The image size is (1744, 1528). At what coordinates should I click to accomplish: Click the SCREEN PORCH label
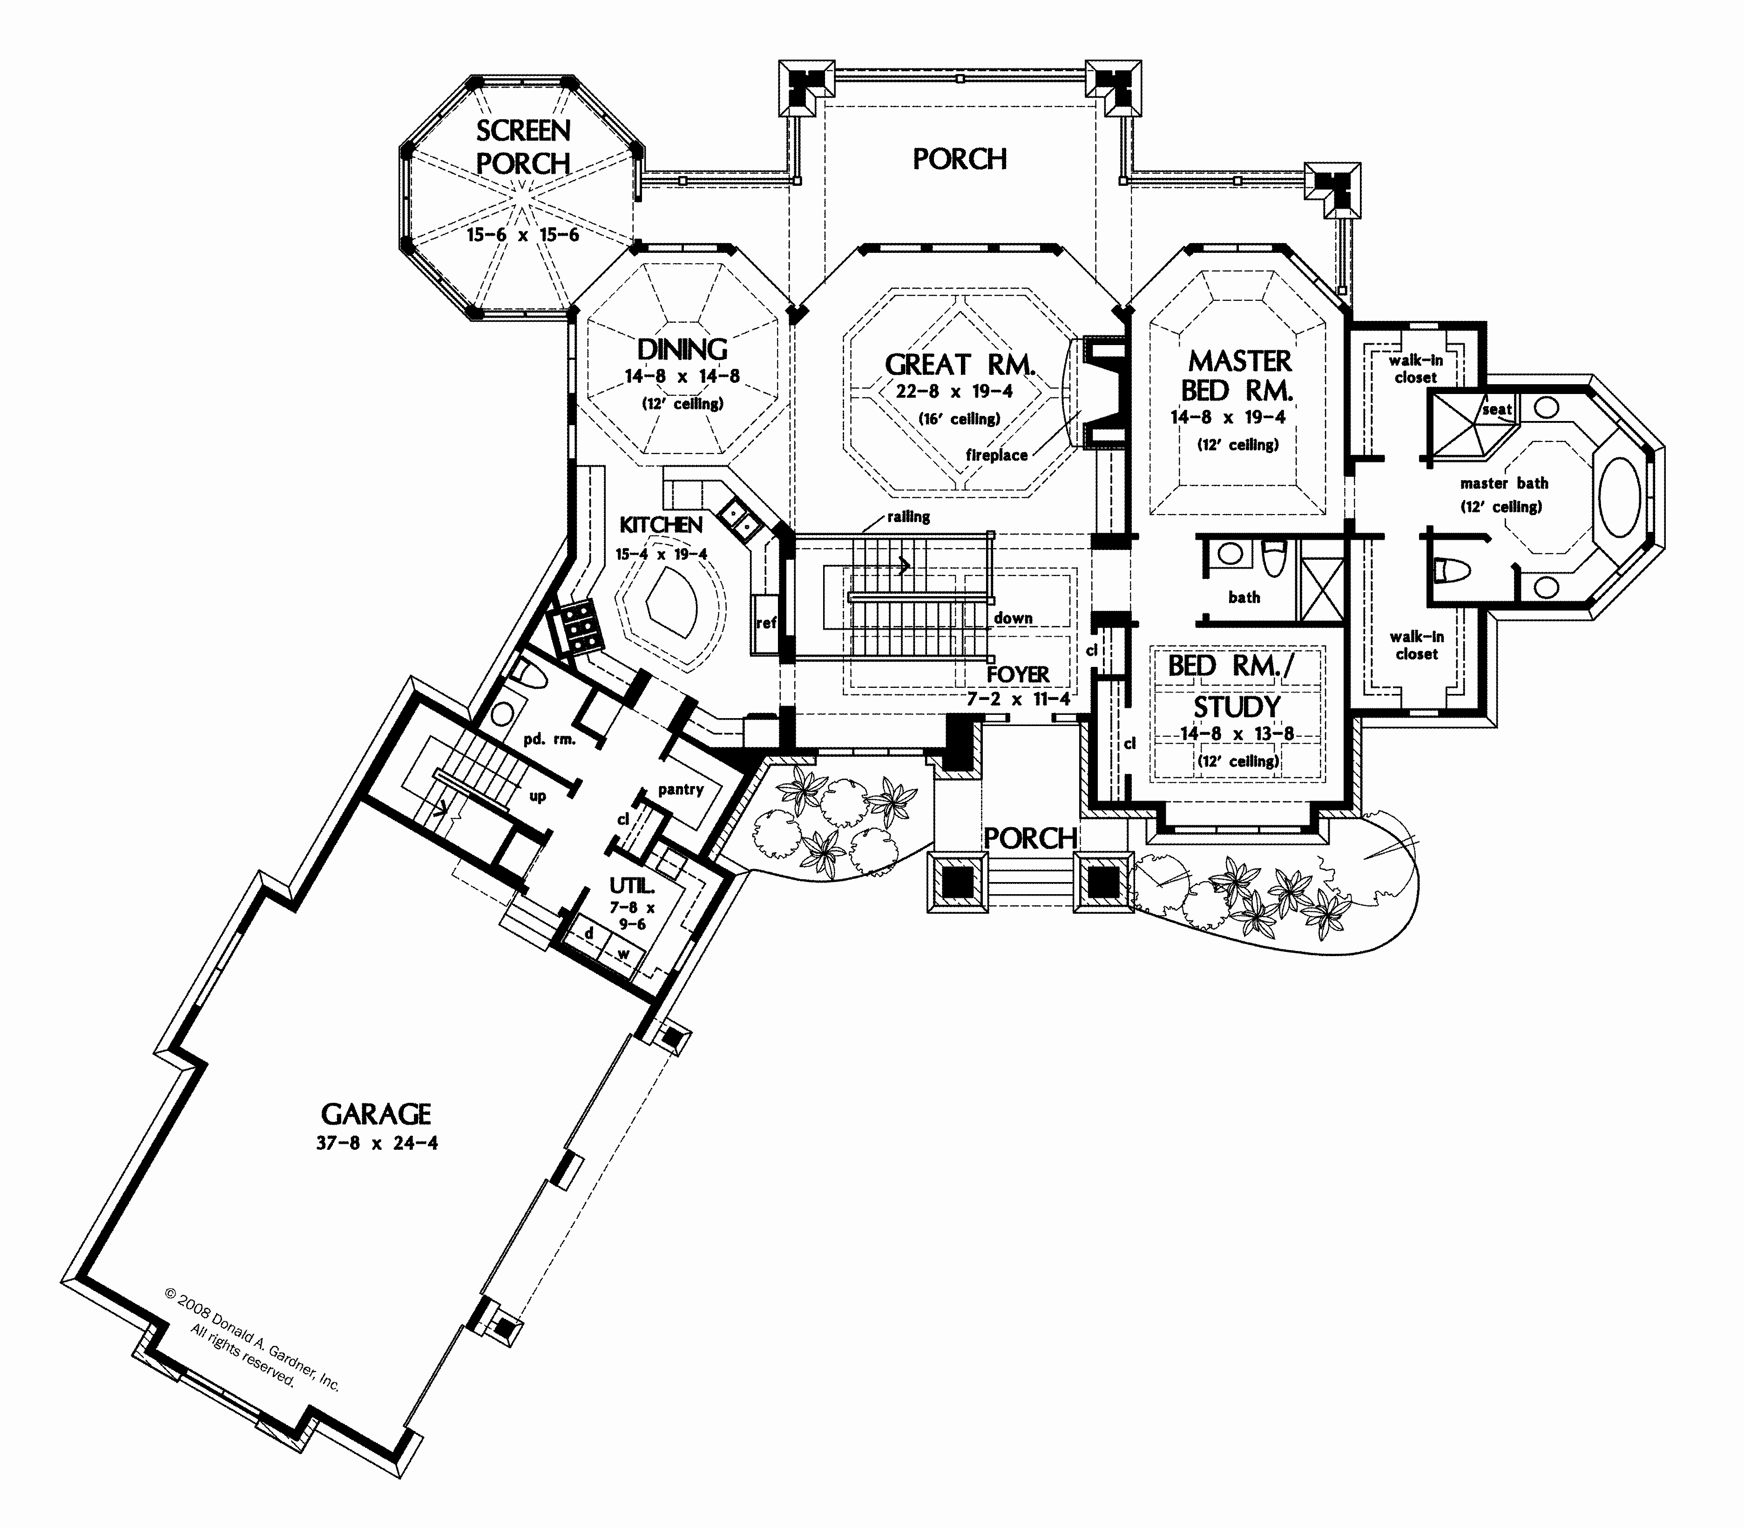click(x=522, y=147)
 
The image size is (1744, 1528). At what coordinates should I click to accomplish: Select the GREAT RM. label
click(x=960, y=365)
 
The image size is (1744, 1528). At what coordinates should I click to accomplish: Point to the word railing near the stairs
click(x=908, y=517)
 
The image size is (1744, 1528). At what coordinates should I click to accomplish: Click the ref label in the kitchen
click(x=765, y=623)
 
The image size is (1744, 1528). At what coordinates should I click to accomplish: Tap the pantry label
click(x=680, y=789)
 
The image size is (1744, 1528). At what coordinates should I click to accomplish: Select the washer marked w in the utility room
click(x=623, y=952)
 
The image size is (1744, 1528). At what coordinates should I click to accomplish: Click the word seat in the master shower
click(x=1497, y=409)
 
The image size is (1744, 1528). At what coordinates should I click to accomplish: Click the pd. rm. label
click(x=549, y=739)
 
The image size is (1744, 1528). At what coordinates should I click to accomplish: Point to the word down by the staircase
click(x=1013, y=618)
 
